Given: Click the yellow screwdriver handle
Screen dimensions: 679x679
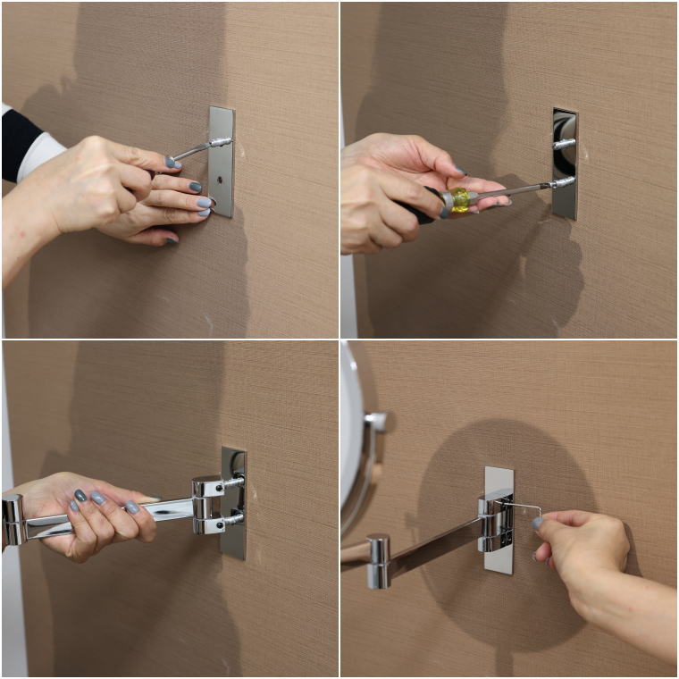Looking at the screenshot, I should (459, 198).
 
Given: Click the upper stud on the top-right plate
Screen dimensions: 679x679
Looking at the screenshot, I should (563, 143).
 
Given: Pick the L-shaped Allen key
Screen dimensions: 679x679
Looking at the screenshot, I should (523, 507).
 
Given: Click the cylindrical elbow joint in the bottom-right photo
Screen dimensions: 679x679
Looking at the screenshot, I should (379, 560).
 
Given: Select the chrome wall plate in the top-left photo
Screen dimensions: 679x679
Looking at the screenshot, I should (221, 162).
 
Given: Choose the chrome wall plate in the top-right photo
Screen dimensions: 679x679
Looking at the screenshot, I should (565, 164).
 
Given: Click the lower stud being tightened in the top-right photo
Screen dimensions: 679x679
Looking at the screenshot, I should (562, 182).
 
